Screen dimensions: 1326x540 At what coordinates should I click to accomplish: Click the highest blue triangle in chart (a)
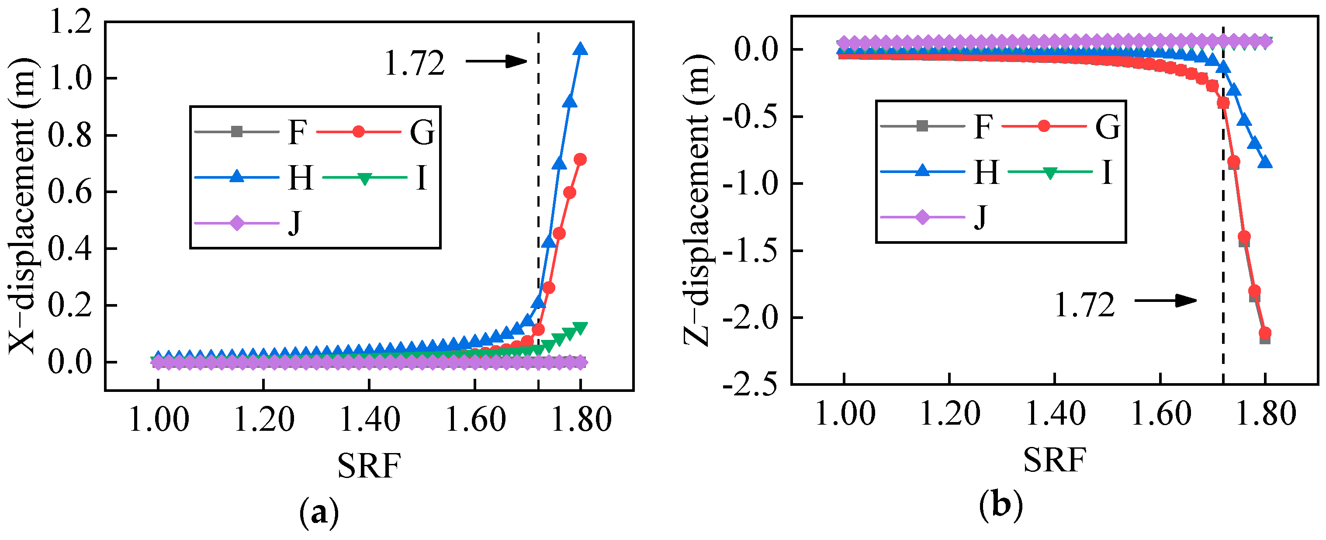point(581,49)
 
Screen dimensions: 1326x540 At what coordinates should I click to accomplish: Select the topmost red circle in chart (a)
point(580,159)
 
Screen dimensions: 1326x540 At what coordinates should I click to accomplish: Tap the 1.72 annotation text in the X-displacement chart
point(414,64)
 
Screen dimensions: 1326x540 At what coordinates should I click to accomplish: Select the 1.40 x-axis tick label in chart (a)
point(370,419)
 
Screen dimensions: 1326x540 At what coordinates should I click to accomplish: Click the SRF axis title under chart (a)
point(369,465)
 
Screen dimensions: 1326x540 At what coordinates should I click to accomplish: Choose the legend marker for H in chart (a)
point(236,176)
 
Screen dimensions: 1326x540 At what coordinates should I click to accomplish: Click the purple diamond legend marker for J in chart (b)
point(922,217)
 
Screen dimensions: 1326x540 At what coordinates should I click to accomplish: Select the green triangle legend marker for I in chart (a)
point(364,179)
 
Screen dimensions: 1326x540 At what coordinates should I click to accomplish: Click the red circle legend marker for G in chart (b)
point(1044,125)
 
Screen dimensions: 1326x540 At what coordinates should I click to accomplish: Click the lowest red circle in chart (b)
point(1265,333)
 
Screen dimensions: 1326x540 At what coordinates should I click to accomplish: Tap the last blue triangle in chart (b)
point(1265,162)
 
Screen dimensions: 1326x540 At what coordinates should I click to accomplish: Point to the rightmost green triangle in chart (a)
point(580,328)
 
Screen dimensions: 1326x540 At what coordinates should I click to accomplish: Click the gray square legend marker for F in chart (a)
point(236,131)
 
